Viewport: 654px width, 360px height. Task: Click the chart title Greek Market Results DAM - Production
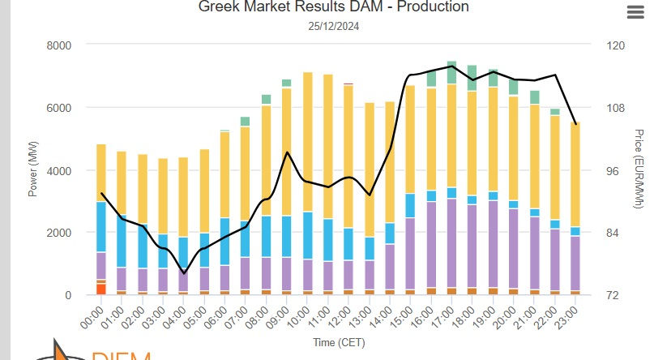334,7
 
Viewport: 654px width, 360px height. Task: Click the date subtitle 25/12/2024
334,26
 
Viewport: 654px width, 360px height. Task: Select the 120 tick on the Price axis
605,45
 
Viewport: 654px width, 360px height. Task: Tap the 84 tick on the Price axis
604,233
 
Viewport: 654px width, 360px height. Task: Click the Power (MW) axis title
32,170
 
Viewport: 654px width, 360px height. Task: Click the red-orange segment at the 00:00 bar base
101,289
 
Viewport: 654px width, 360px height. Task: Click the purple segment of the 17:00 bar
452,243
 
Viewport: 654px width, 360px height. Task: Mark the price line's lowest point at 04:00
184,272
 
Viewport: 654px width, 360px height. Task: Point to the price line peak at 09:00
287,152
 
